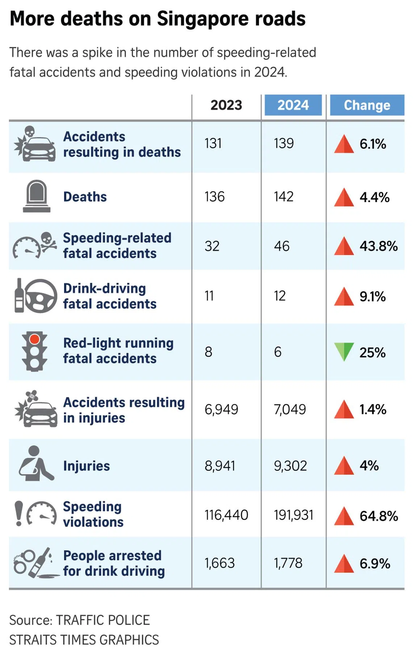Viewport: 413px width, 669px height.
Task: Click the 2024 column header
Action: coord(293,105)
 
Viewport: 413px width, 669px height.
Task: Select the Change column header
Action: coord(367,105)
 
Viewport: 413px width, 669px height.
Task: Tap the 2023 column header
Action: coord(226,105)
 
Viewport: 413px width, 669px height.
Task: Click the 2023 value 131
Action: coord(213,143)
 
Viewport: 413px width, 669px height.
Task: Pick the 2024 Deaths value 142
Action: coord(284,197)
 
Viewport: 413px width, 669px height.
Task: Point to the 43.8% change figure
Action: coord(378,246)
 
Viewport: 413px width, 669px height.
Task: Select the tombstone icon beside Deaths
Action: coord(36,196)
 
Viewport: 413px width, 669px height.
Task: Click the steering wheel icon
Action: coord(41,296)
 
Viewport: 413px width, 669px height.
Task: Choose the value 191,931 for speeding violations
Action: coord(293,515)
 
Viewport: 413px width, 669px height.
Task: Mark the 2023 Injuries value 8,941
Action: coord(220,466)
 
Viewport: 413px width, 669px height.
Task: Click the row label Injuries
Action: coord(86,466)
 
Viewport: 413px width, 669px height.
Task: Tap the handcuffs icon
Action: coord(25,561)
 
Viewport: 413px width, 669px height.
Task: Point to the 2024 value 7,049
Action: coord(290,410)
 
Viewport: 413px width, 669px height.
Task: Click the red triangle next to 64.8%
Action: coord(343,516)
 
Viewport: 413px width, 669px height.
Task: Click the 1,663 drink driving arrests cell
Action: coord(220,563)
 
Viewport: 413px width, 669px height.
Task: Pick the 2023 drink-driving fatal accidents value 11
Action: coord(209,296)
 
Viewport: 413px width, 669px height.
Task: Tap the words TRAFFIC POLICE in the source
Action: coord(103,620)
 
